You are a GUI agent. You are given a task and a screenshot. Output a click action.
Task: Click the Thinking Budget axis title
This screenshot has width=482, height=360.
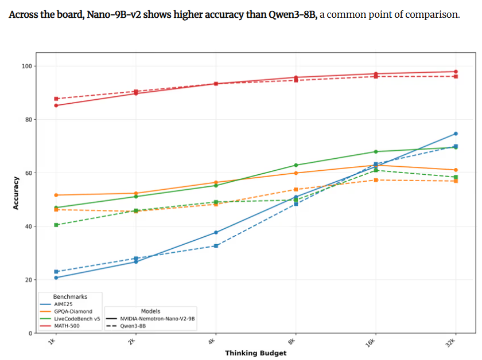point(255,353)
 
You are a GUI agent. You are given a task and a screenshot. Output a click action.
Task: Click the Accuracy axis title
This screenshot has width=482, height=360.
point(16,192)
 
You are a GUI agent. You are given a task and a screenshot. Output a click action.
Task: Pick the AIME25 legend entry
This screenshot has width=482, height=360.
point(65,304)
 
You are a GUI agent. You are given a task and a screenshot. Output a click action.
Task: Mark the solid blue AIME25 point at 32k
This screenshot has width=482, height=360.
point(456,134)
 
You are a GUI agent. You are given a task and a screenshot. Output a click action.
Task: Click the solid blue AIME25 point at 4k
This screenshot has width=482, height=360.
point(216,232)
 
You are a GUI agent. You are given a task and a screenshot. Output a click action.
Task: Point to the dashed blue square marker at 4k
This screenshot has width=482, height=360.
point(216,246)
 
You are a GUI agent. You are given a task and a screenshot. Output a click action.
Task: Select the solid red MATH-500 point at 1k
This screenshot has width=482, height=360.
point(56,105)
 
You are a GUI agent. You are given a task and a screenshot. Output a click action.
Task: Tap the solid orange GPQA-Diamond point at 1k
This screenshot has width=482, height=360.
point(56,195)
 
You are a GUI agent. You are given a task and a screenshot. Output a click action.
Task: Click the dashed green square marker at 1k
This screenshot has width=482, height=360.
point(56,225)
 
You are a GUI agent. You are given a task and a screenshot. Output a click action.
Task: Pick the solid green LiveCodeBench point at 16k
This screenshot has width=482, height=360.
point(376,151)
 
